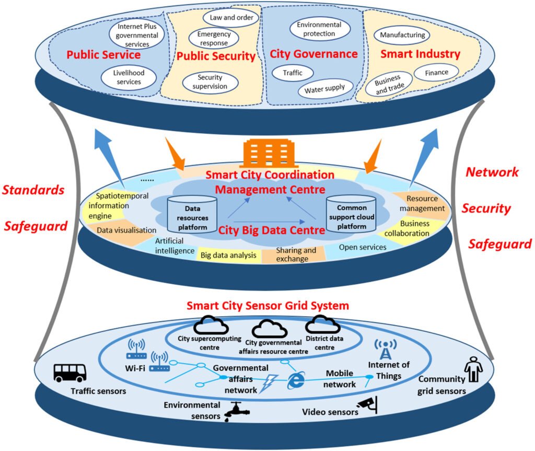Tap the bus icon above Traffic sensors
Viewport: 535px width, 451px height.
[x=70, y=373]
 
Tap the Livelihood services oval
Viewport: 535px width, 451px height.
[x=129, y=77]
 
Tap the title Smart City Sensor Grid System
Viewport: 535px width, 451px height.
[x=267, y=305]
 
